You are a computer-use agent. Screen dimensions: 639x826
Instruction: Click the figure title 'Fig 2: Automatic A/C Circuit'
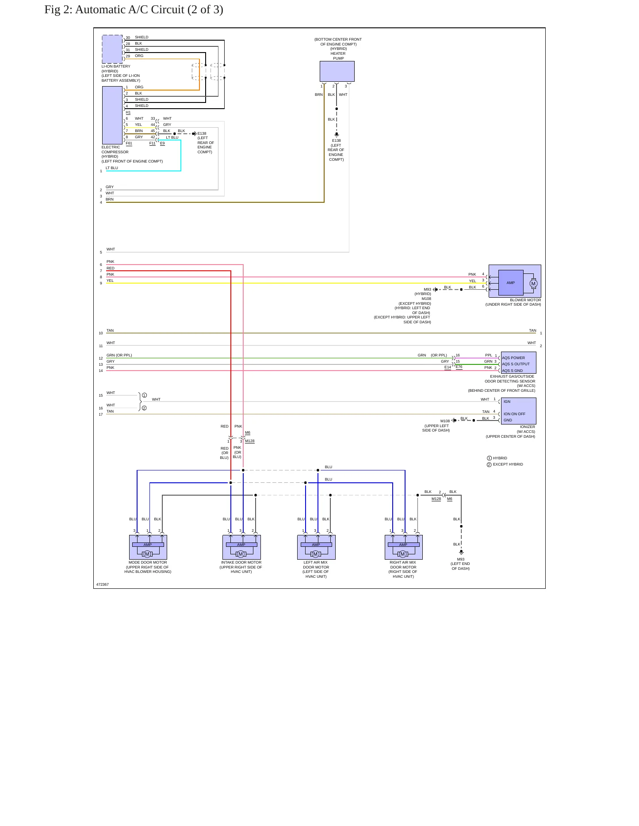tap(115, 10)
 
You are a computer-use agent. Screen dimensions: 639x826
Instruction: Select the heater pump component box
tap(337, 71)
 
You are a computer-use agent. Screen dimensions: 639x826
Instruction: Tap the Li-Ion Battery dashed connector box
tap(112, 49)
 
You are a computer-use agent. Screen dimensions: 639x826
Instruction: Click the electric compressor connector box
tap(112, 115)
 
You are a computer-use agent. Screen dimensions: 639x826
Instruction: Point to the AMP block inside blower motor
tap(510, 283)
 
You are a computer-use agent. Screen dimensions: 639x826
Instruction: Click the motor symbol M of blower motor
tap(533, 284)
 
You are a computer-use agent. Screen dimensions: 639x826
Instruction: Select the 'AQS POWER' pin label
tap(513, 358)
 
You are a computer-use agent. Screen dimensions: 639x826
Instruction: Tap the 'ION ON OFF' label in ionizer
tap(514, 414)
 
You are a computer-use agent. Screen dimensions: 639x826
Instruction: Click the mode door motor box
tap(148, 547)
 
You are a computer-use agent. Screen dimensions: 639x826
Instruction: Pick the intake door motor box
tap(241, 547)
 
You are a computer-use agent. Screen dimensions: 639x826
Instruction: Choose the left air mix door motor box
tap(316, 547)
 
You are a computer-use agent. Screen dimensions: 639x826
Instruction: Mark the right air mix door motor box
tap(403, 547)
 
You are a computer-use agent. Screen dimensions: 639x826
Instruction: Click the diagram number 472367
tap(103, 584)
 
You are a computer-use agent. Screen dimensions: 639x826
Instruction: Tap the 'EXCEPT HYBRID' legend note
tap(508, 464)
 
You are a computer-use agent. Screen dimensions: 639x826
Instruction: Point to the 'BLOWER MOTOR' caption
tap(525, 300)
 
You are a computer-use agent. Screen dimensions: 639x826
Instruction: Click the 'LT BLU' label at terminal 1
tap(112, 168)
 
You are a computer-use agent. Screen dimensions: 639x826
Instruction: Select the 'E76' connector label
tap(459, 367)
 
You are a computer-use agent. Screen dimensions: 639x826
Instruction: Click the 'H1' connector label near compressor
tap(128, 112)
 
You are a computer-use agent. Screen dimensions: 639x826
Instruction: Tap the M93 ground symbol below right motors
tap(461, 552)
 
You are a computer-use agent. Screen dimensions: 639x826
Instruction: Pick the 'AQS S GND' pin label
tap(512, 371)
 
